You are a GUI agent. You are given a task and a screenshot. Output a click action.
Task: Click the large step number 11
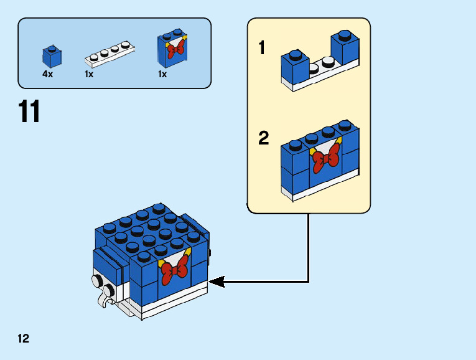(29, 112)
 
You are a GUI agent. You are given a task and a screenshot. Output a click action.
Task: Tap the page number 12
(24, 339)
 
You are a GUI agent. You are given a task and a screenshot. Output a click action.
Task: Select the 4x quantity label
(47, 74)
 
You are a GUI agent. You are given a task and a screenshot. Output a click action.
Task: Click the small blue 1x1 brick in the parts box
(52, 57)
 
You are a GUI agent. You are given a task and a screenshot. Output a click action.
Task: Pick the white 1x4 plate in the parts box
(110, 54)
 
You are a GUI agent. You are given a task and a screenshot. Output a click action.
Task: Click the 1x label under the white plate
(89, 74)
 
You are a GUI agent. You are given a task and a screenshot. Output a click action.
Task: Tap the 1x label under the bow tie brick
(162, 74)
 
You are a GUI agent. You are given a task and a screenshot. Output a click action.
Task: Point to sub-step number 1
(263, 48)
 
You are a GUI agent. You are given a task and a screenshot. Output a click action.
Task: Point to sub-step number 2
(264, 138)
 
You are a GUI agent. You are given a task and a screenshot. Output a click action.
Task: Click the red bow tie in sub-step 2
(326, 158)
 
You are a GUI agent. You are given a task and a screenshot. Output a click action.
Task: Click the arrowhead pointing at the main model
(216, 282)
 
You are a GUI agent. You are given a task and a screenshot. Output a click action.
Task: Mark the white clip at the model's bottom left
(104, 302)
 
